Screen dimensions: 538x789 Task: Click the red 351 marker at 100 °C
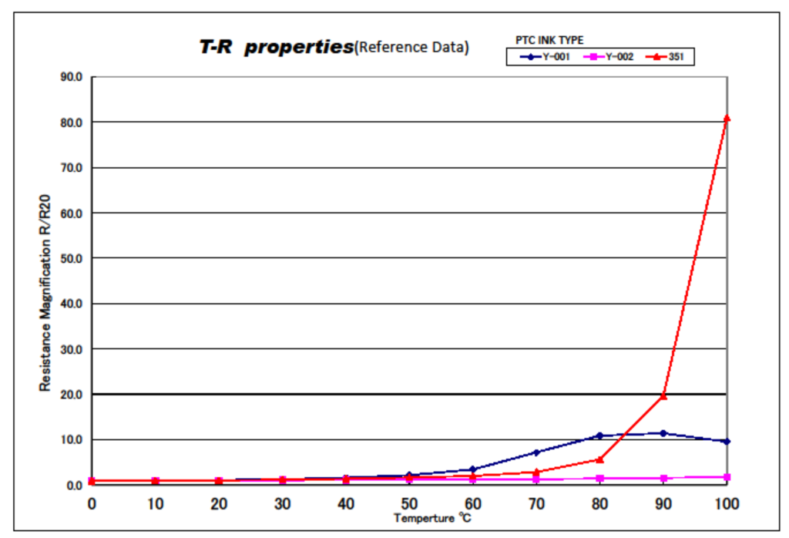[x=727, y=118]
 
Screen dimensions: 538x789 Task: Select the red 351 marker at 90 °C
[x=663, y=395]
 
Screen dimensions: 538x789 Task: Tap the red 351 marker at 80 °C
[x=599, y=459]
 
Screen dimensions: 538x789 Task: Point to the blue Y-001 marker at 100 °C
[x=727, y=441]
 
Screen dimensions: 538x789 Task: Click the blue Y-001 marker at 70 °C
[x=536, y=452]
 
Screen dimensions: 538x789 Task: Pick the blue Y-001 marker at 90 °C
[x=663, y=433]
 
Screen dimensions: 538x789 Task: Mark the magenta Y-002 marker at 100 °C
[x=727, y=477]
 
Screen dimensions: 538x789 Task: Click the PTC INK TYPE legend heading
[x=549, y=40]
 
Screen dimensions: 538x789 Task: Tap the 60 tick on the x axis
[x=472, y=503]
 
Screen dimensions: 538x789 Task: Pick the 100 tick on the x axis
[x=727, y=503]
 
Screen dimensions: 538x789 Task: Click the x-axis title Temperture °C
[x=432, y=519]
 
